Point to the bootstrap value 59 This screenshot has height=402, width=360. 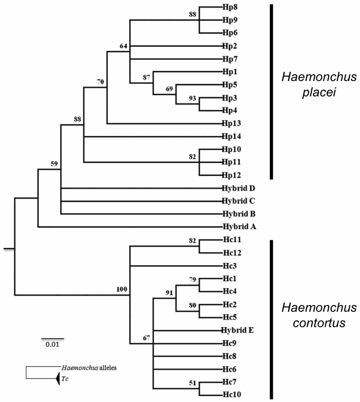55,164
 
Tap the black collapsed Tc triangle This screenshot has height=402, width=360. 55,377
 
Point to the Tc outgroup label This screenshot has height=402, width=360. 65,378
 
